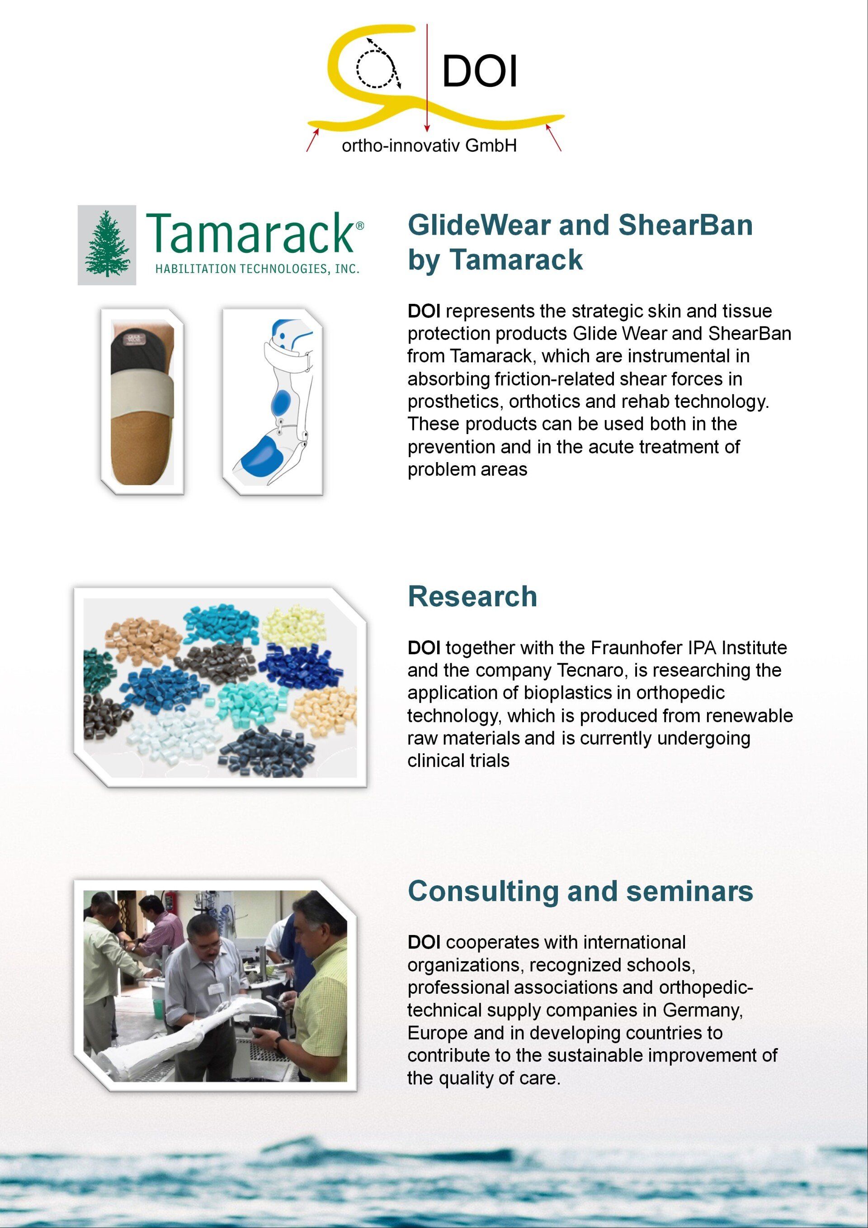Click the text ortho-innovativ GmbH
tap(429, 146)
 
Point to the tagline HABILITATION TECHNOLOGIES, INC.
tap(257, 269)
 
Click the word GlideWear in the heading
tap(480, 225)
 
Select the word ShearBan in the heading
tap(686, 225)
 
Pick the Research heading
tap(472, 596)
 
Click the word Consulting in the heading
tap(483, 892)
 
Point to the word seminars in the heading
tap(689, 892)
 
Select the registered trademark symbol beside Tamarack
tap(359, 226)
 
